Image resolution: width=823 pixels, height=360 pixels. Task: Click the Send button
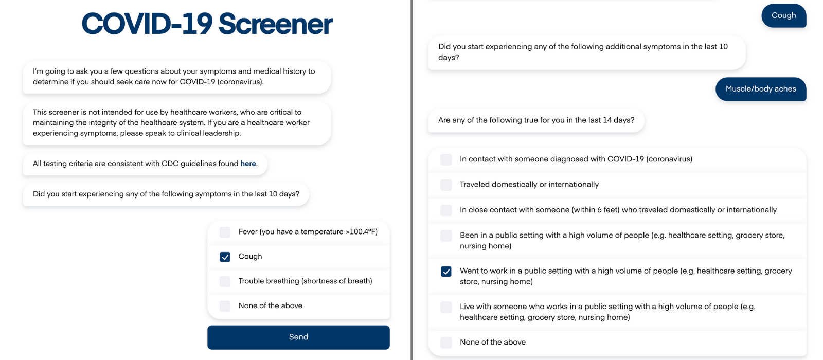pyautogui.click(x=298, y=337)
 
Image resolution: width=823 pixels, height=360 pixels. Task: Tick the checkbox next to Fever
pyautogui.click(x=225, y=232)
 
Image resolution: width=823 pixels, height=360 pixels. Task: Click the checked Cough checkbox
pyautogui.click(x=225, y=257)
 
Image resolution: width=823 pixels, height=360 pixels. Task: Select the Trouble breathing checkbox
pyautogui.click(x=225, y=282)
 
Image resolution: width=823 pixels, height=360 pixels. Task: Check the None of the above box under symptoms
pyautogui.click(x=225, y=307)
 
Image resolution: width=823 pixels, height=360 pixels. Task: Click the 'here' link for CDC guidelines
pyautogui.click(x=248, y=164)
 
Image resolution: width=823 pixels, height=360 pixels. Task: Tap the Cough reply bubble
pyautogui.click(x=783, y=16)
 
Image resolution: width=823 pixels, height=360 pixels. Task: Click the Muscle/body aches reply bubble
pyautogui.click(x=760, y=89)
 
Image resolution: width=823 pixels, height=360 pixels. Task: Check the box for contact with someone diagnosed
pyautogui.click(x=446, y=159)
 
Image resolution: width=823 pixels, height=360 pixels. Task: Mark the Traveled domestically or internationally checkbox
pyautogui.click(x=446, y=185)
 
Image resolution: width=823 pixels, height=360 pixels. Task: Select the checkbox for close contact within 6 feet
pyautogui.click(x=446, y=210)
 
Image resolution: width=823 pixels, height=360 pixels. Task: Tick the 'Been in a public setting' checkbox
pyautogui.click(x=446, y=236)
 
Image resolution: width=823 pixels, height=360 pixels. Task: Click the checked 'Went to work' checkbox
pyautogui.click(x=446, y=272)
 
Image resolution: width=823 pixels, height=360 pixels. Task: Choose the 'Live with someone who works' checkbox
pyautogui.click(x=446, y=307)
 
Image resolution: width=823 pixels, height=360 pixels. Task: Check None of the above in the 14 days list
pyautogui.click(x=446, y=343)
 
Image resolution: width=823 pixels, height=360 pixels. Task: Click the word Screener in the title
pyautogui.click(x=276, y=25)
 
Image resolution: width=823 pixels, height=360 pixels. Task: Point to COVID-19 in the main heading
pyautogui.click(x=147, y=25)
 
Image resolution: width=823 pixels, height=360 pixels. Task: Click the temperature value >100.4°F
pyautogui.click(x=361, y=232)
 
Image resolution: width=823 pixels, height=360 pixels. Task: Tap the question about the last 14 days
pyautogui.click(x=536, y=120)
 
